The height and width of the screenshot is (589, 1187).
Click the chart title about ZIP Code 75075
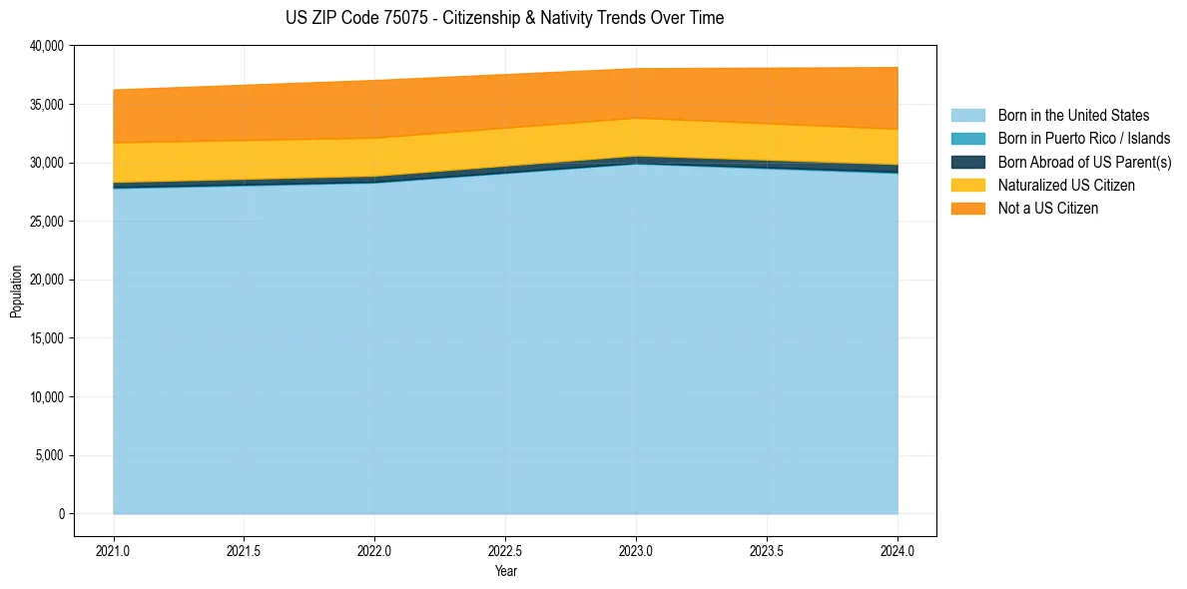(x=504, y=18)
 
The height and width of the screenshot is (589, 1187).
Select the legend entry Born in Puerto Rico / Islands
(x=1083, y=139)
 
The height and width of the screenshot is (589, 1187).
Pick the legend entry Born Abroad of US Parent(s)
(x=1084, y=162)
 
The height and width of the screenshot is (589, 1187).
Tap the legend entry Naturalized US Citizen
(x=1066, y=185)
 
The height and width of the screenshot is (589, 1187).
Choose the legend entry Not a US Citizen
(x=1047, y=208)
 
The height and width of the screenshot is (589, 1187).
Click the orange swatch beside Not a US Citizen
(x=967, y=208)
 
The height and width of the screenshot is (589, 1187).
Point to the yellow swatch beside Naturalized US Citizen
(x=967, y=185)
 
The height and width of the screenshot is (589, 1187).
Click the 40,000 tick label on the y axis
(x=47, y=46)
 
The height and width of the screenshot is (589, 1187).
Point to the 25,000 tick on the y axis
(x=47, y=222)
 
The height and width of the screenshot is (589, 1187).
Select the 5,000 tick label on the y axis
(x=50, y=456)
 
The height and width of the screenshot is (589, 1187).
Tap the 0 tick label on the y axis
(x=61, y=514)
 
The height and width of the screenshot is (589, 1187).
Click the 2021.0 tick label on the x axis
(x=114, y=550)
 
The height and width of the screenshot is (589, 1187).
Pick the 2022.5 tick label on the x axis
(x=505, y=550)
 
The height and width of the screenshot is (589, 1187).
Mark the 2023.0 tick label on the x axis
(x=636, y=550)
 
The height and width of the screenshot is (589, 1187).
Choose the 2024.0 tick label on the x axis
(x=897, y=550)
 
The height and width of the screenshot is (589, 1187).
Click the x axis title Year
(x=505, y=571)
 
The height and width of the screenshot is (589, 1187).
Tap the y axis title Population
(x=16, y=292)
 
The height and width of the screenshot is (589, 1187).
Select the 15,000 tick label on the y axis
(x=47, y=338)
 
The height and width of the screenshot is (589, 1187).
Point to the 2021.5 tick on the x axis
(x=244, y=550)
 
